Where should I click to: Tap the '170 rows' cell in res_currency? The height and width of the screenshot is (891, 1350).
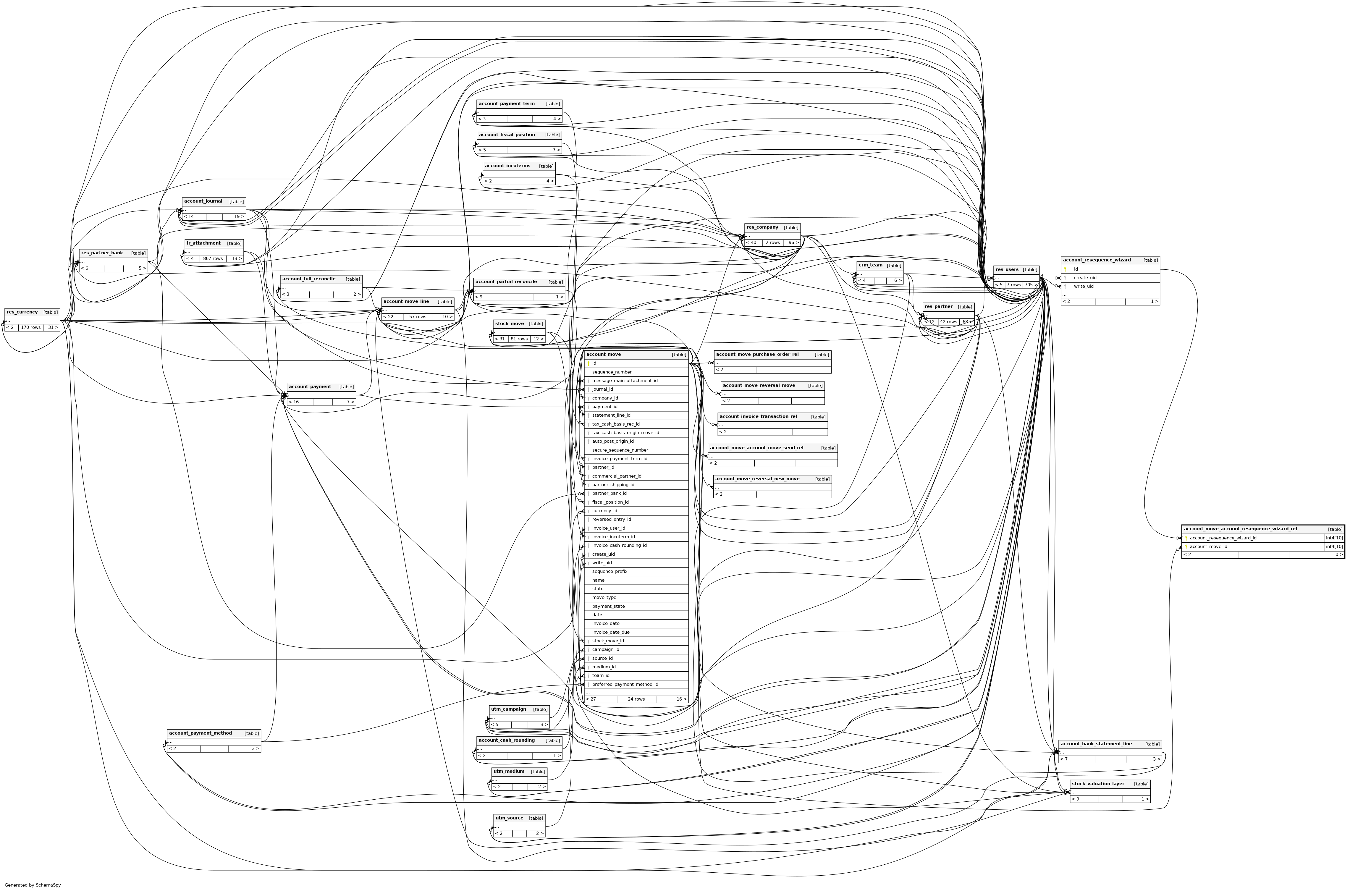[31, 327]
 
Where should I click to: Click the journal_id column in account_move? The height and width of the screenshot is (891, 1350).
[602, 389]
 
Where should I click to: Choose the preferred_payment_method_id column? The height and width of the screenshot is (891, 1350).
[625, 684]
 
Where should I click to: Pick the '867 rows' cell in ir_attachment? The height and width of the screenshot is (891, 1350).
[213, 258]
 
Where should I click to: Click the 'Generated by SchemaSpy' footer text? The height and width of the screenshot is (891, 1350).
[33, 885]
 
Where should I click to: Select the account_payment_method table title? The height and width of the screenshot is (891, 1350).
[201, 733]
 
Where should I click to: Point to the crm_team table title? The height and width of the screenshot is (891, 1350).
[870, 265]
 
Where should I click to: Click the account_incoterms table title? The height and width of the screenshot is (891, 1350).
[507, 166]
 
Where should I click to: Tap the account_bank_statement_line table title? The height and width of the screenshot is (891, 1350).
[1096, 744]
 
